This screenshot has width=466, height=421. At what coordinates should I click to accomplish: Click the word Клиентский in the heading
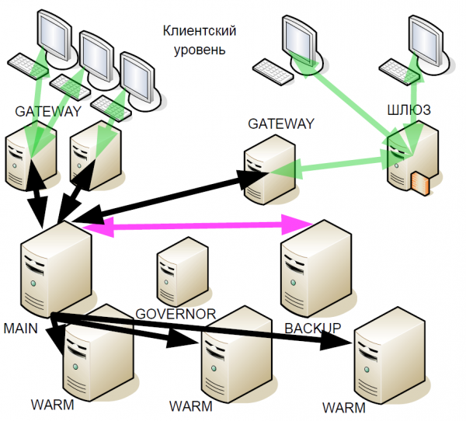tap(200, 31)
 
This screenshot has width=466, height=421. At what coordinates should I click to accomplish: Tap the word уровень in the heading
tap(200, 50)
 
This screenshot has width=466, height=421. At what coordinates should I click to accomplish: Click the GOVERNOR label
tap(175, 313)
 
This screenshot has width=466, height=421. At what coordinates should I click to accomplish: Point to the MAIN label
tap(21, 329)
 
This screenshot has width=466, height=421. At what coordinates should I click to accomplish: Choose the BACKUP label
tap(312, 328)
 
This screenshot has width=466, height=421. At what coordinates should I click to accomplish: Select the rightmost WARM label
tap(343, 407)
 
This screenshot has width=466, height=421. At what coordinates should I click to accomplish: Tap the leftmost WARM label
tap(53, 405)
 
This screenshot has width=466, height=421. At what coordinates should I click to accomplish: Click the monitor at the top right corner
tap(426, 39)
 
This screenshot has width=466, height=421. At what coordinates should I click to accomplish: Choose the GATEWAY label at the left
tap(48, 112)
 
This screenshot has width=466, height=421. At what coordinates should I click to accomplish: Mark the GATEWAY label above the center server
tap(281, 124)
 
